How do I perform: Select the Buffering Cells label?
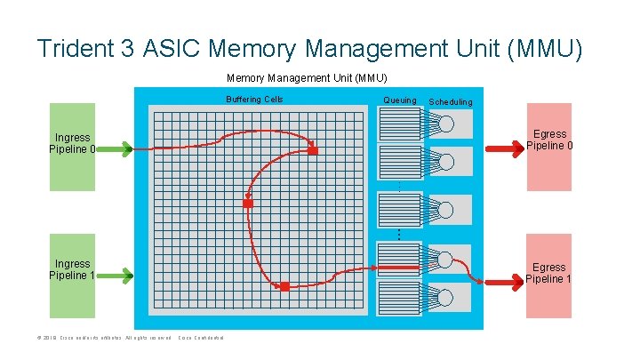[x=254, y=100]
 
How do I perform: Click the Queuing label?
[x=399, y=100]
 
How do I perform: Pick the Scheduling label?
[x=451, y=102]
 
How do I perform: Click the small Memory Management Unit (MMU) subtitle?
[x=307, y=77]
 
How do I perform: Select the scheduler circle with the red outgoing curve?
[x=446, y=260]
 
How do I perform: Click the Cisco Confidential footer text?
[x=201, y=338]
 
